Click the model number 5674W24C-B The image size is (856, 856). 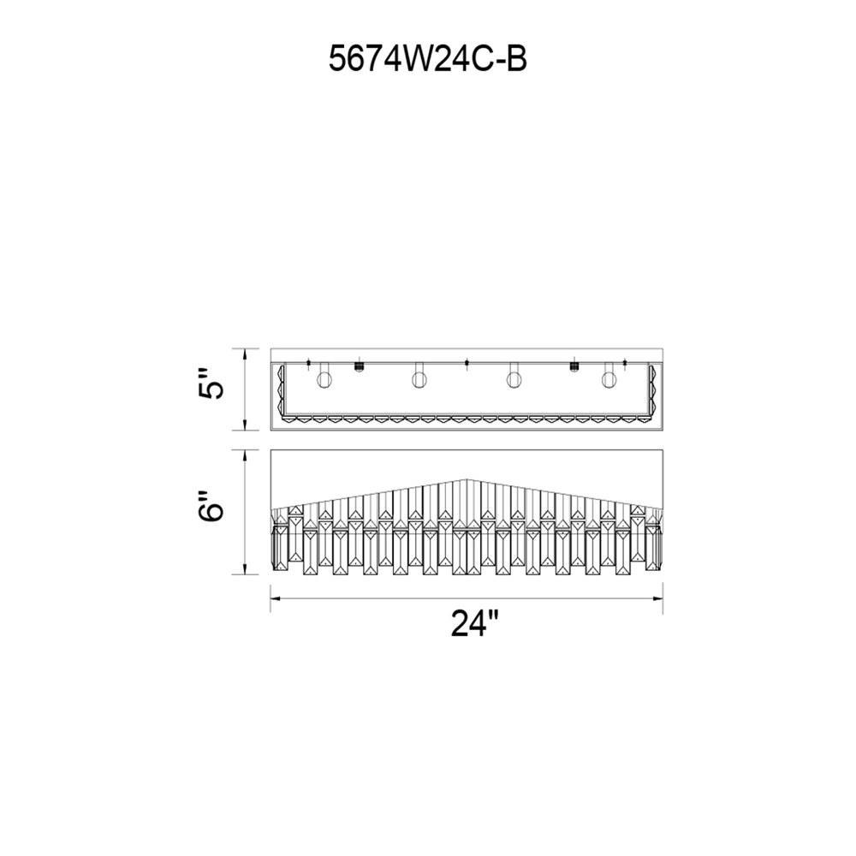(427, 58)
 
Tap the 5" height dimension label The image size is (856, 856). (211, 383)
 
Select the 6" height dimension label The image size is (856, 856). (211, 506)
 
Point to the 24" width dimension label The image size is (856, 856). (475, 622)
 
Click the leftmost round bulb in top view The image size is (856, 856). (324, 379)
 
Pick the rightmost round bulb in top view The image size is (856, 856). (609, 379)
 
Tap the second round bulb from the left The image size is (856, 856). (419, 379)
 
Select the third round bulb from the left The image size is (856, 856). (514, 379)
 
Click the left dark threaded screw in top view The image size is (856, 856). (360, 366)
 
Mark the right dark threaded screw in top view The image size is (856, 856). (574, 366)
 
